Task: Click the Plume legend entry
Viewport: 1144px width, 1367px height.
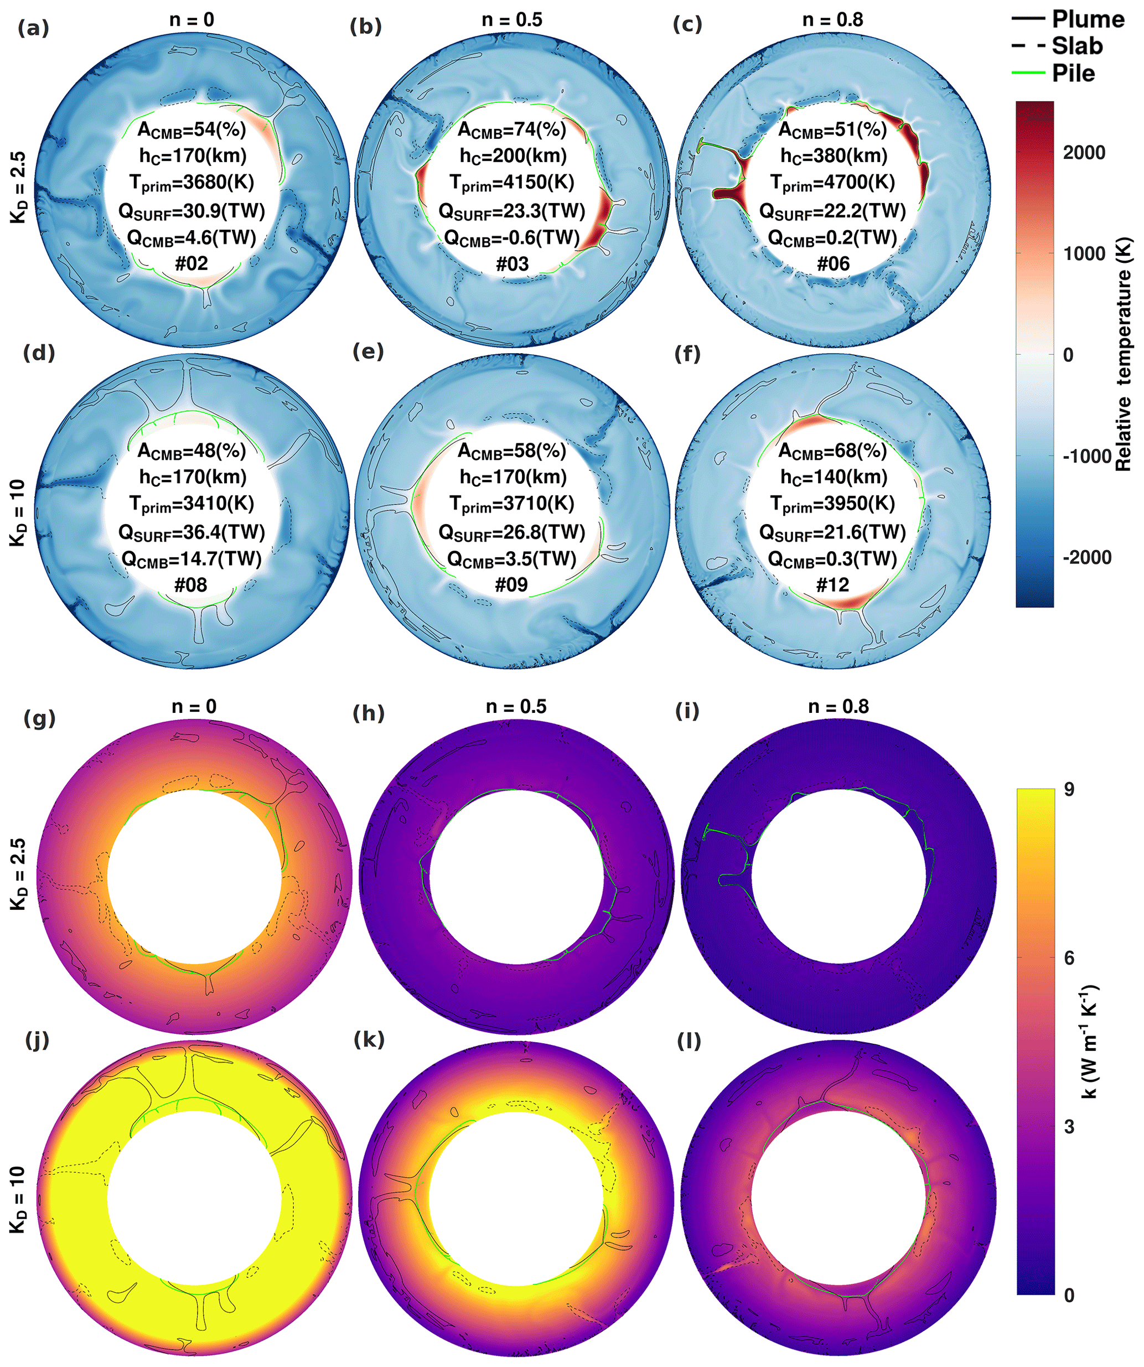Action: click(x=1088, y=19)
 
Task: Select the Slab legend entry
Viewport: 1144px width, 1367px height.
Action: click(x=1077, y=46)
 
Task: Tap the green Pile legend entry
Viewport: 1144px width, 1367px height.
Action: click(x=1073, y=73)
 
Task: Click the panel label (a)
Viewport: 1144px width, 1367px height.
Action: click(x=33, y=28)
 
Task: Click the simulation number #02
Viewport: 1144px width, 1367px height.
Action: click(x=191, y=263)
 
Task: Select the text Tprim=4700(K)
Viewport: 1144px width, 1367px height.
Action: click(x=833, y=183)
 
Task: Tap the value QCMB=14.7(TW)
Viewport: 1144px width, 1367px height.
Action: click(x=191, y=559)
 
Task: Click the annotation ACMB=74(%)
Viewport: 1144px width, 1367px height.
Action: click(x=512, y=130)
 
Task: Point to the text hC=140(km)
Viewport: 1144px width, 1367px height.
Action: click(x=833, y=477)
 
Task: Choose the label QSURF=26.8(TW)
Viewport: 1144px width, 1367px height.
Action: click(x=512, y=532)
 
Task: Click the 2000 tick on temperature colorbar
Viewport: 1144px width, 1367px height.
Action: click(x=1084, y=152)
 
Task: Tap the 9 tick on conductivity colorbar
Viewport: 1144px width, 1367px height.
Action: click(x=1069, y=789)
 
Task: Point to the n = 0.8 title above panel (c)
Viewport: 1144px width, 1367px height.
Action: click(x=833, y=20)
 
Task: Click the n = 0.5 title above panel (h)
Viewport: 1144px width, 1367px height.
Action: click(x=516, y=706)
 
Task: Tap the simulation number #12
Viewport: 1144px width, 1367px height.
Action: click(x=833, y=584)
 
